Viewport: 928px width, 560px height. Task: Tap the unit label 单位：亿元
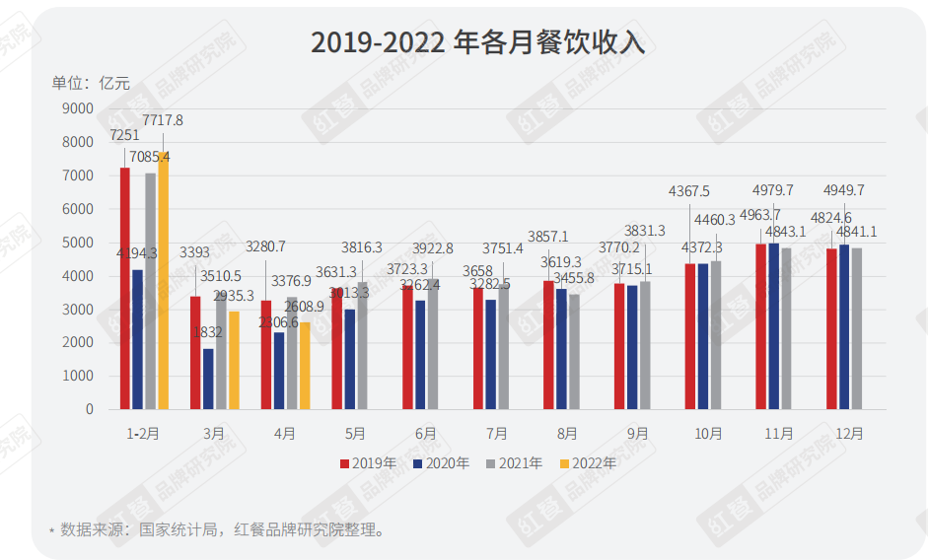point(91,83)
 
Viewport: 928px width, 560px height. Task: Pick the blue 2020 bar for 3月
point(208,379)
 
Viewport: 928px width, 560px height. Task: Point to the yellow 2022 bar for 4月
point(305,366)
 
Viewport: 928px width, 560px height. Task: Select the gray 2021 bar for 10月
point(715,335)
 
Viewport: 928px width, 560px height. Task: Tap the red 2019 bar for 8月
point(548,345)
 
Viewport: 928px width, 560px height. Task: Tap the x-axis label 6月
point(426,433)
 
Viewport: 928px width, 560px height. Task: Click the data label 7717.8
point(163,120)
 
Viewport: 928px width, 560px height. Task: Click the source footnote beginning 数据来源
point(222,529)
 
